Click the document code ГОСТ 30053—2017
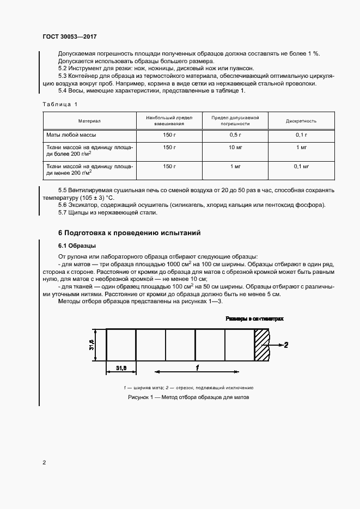click(70, 36)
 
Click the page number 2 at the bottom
click(44, 463)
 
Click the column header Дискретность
click(301, 121)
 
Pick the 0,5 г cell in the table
click(235, 134)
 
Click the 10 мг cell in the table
click(235, 147)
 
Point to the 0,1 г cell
click(301, 134)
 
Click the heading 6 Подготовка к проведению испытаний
click(129, 232)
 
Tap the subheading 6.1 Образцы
click(77, 246)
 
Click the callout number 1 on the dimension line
click(197, 368)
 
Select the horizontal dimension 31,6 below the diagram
click(121, 369)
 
